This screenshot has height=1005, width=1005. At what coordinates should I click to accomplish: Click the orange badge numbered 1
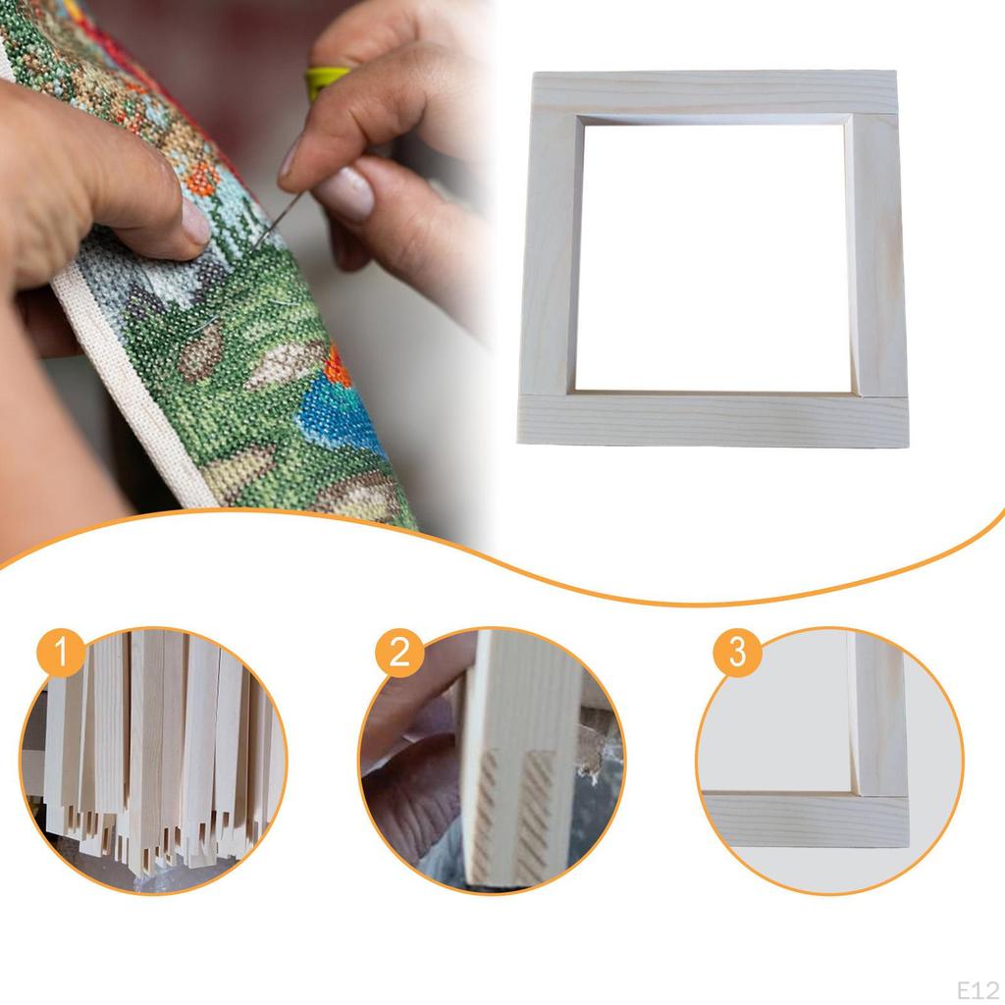[x=61, y=653]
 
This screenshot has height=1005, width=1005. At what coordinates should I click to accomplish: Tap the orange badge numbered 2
[x=399, y=653]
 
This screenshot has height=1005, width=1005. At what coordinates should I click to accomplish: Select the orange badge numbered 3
[x=738, y=653]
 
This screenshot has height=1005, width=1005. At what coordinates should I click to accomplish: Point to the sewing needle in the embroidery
[x=278, y=219]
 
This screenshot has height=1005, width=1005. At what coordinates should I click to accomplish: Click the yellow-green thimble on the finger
[x=325, y=79]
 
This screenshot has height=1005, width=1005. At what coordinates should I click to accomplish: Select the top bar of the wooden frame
[x=714, y=93]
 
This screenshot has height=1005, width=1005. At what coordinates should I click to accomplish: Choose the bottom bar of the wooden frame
[x=713, y=420]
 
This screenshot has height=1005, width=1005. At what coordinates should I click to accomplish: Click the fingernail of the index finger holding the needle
[x=345, y=193]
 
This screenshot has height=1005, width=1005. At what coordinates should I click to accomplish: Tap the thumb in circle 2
[x=410, y=801]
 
